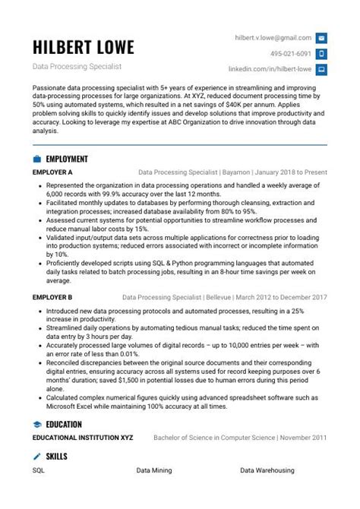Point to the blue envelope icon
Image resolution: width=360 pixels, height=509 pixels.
(321, 37)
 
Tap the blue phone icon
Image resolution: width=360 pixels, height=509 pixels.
(321, 54)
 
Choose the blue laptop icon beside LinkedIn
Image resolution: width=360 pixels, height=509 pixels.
(321, 69)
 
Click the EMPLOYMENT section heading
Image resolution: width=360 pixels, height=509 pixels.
(67, 160)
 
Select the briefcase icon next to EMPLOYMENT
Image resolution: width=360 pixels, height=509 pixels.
(37, 160)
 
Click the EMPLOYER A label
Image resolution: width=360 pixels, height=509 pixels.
(53, 172)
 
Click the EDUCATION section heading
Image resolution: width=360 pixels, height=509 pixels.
(64, 424)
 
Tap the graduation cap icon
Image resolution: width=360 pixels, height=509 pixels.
(37, 424)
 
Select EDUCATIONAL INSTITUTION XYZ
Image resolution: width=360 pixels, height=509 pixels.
(77, 438)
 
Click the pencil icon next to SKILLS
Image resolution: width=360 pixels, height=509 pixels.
(37, 457)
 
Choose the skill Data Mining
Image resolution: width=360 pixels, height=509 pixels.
(154, 471)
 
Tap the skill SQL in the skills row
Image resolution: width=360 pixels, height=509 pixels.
(39, 471)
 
